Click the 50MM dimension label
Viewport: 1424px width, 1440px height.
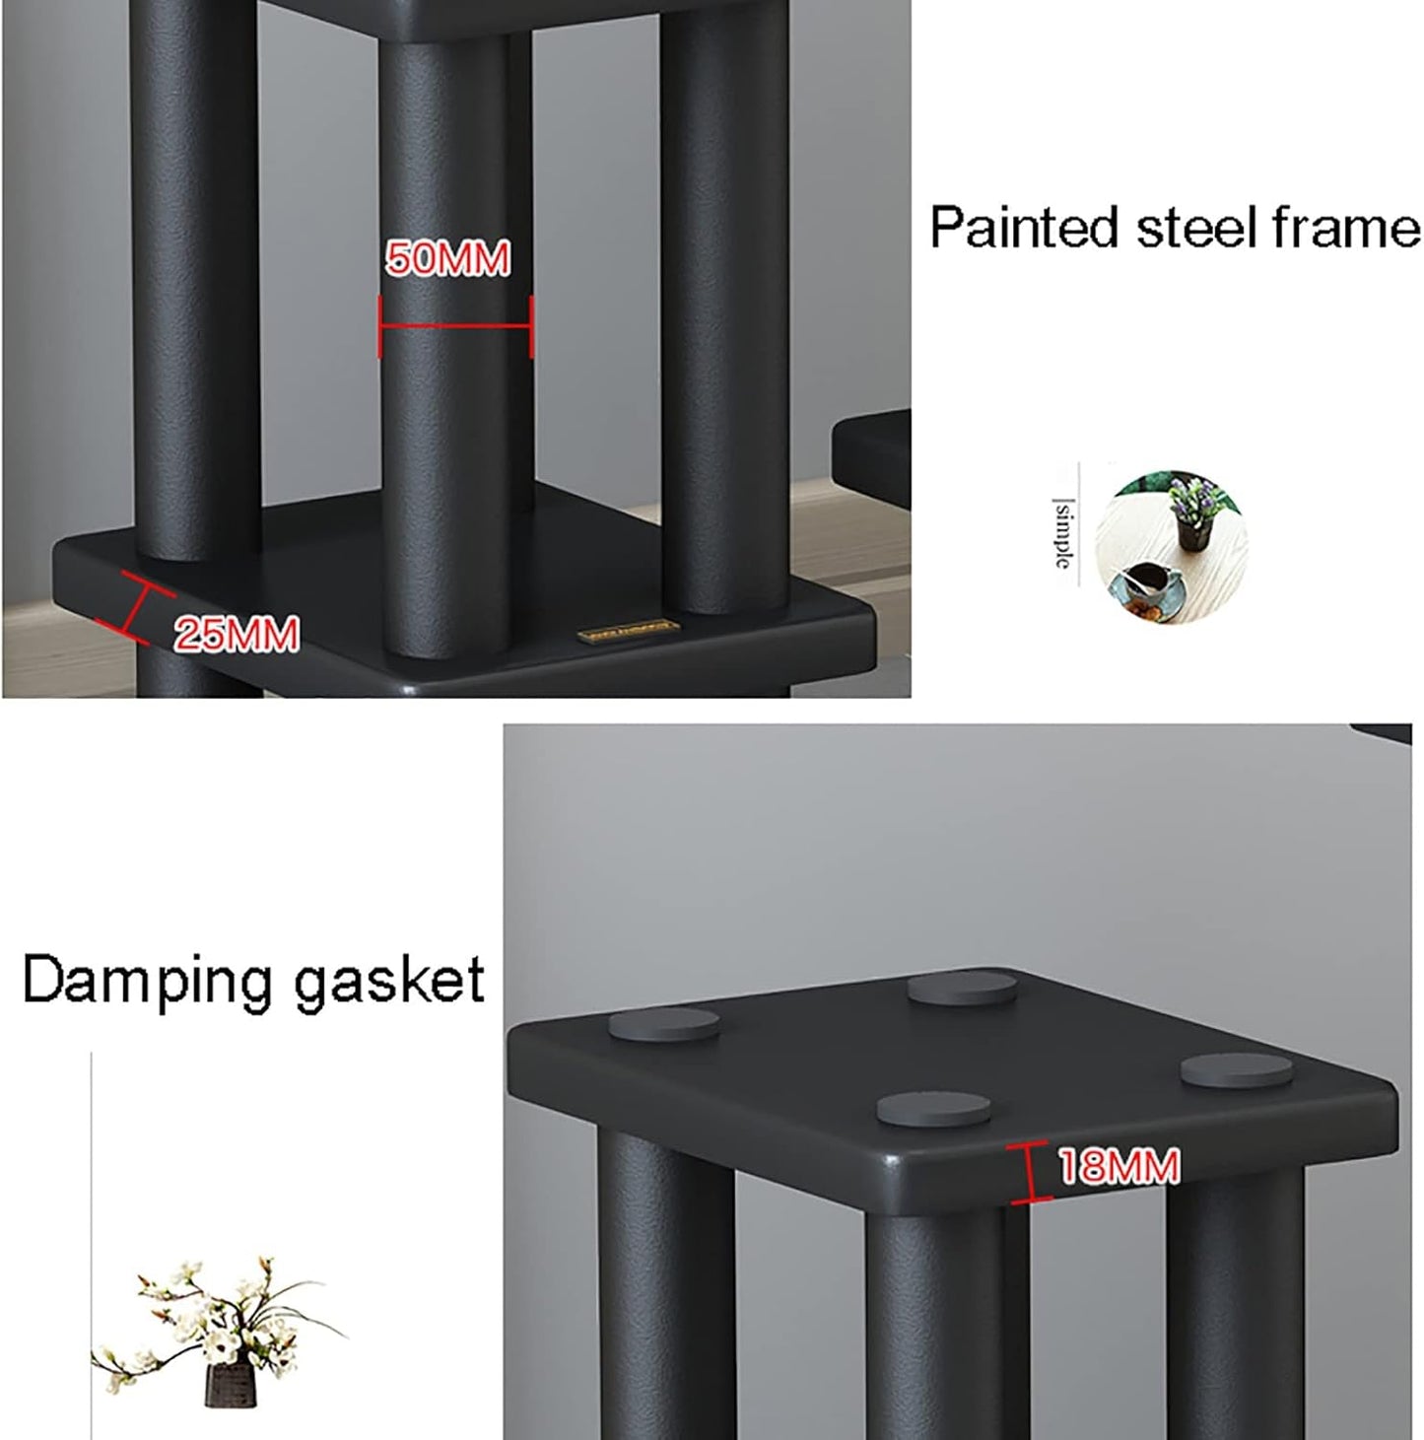coord(447,259)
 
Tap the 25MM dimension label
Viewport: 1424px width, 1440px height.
coord(237,634)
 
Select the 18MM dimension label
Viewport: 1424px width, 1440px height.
coord(1119,1167)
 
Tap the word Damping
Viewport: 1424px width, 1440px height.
coord(147,982)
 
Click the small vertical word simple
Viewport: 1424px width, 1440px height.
coord(1062,533)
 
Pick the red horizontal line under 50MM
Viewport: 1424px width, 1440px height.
coord(455,327)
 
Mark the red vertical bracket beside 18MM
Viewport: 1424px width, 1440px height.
coord(1029,1172)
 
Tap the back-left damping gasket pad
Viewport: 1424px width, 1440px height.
coord(663,1025)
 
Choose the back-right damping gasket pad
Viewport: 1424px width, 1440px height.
coord(962,988)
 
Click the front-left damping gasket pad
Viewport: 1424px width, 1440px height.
coord(933,1109)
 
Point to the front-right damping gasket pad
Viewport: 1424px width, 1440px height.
coord(1236,1070)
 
